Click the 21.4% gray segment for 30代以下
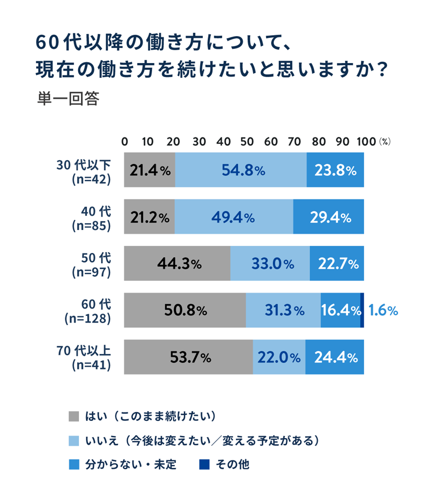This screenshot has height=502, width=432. coord(150,170)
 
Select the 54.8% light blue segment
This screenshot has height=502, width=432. coord(241,170)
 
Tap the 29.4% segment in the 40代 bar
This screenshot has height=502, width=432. coord(329,217)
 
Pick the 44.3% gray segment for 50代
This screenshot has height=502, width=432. coord(177,264)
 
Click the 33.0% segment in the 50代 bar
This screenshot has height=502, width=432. coord(270,264)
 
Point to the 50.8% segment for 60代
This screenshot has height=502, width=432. coord(185,310)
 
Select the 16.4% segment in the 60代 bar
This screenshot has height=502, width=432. coord(340,310)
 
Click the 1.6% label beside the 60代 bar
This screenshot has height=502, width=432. coord(383,310)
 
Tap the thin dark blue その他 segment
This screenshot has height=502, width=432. coord(362,310)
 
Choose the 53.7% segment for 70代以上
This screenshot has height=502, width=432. coord(189,357)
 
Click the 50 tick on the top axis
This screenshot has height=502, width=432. coord(246,141)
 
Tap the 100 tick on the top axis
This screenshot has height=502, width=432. coord(366,141)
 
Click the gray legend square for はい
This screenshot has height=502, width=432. coord(74,417)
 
